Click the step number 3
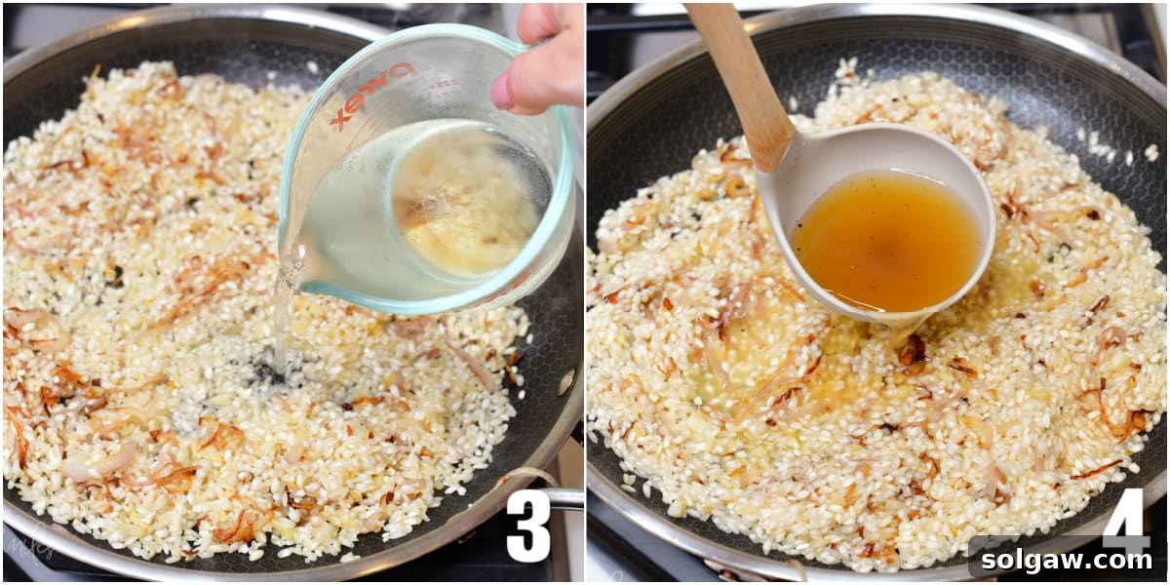(528, 526)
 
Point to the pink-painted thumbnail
(502, 92)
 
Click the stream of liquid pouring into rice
(281, 322)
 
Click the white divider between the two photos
(585, 292)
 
